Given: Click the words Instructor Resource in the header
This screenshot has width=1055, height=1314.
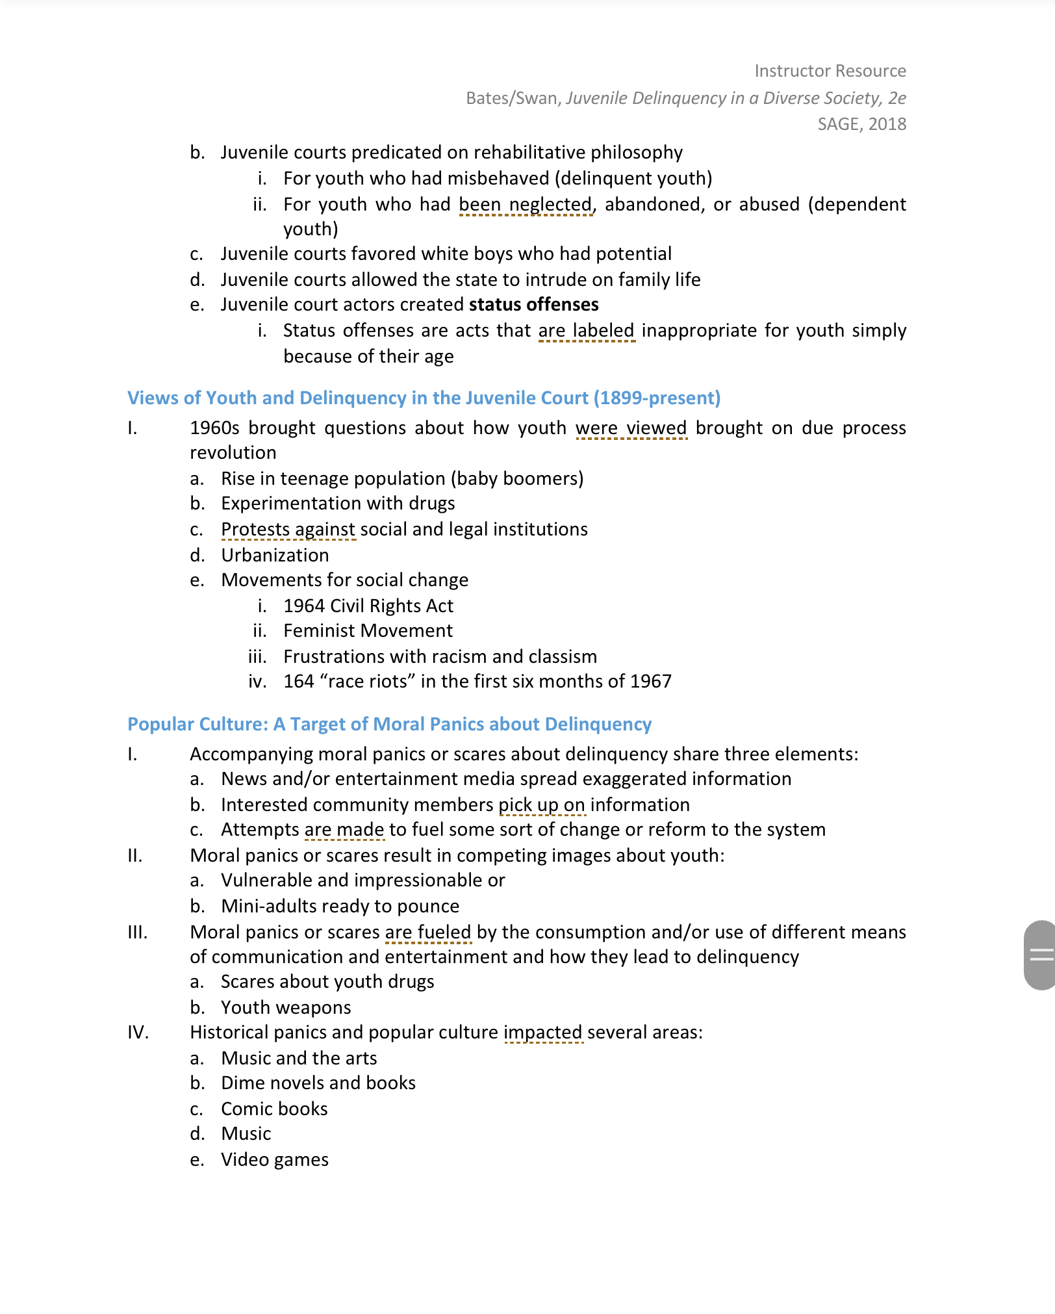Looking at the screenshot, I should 830,71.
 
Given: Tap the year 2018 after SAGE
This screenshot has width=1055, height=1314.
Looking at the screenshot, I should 887,124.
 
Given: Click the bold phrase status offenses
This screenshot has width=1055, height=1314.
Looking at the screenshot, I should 533,305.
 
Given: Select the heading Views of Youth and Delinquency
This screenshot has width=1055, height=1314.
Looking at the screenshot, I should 424,398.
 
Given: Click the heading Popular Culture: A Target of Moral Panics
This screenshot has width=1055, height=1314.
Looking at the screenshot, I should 389,724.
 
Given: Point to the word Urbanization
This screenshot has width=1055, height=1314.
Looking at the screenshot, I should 275,555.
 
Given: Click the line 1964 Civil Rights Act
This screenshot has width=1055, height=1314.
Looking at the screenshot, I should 368,606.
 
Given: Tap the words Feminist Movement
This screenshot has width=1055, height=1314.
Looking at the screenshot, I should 368,630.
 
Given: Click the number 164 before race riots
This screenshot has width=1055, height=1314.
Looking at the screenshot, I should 299,681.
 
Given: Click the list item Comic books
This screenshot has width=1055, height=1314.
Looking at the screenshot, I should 274,1109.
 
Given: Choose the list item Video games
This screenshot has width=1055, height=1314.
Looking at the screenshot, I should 274,1159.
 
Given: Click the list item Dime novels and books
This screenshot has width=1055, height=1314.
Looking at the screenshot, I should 318,1083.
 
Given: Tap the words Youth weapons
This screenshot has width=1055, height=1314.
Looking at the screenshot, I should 286,1007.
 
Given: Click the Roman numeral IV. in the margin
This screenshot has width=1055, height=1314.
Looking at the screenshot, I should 138,1032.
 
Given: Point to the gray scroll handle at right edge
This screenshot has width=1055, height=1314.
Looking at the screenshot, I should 1040,955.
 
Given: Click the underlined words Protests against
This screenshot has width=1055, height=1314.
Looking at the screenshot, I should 288,530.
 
